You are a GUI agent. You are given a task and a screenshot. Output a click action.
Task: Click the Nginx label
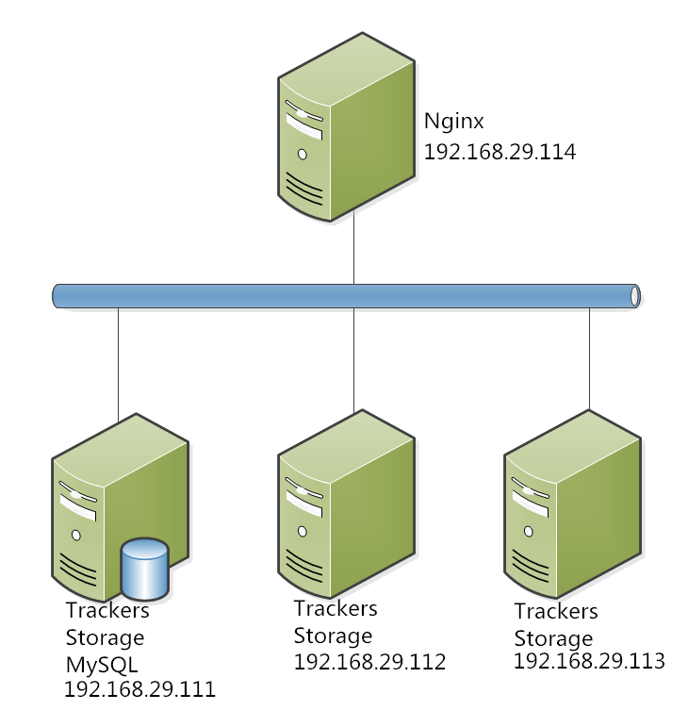coord(455,123)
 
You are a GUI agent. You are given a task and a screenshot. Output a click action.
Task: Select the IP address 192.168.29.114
coord(499,152)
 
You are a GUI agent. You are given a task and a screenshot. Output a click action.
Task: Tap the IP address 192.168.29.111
coord(139,689)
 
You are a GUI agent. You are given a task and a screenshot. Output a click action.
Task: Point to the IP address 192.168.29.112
coord(369,662)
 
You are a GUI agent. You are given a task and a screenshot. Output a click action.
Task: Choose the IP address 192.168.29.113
coord(589,660)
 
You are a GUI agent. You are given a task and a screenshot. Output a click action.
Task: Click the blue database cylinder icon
coord(145,569)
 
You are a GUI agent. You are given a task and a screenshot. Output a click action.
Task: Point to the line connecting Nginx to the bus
coord(353,252)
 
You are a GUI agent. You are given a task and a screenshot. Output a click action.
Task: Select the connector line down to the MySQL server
coord(119,363)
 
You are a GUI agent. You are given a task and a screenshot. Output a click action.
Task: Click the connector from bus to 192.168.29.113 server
coord(589,358)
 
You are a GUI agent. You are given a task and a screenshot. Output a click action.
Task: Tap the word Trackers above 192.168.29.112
coord(336,609)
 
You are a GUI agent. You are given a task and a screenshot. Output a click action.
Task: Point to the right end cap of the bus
coord(634,295)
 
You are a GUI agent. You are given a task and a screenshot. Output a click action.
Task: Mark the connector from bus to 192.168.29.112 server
coord(353,359)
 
